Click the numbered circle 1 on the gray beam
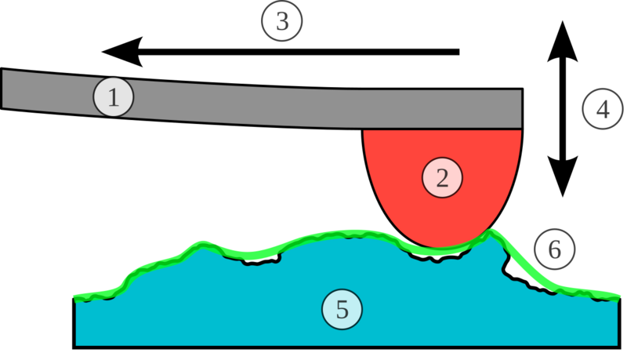(113, 98)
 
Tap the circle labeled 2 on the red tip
(442, 178)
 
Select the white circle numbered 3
(282, 22)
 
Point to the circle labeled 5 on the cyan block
(342, 309)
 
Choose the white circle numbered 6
(555, 250)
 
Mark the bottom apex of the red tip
(444, 247)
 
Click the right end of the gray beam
(519, 109)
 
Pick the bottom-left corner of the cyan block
(77, 344)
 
